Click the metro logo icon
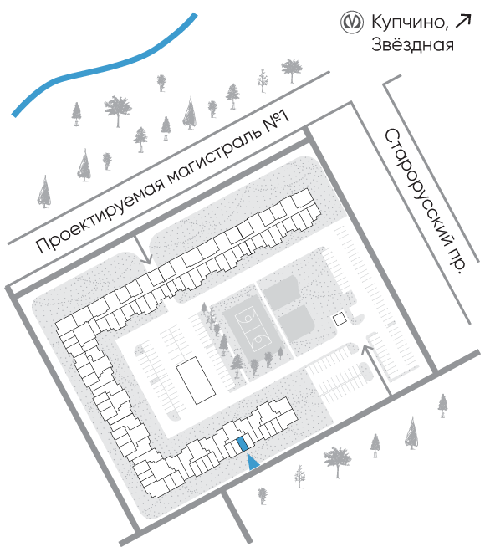click(352, 23)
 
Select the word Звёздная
click(412, 44)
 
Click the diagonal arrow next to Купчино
click(462, 21)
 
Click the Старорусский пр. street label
click(425, 200)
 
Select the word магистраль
click(216, 155)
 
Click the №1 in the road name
click(277, 121)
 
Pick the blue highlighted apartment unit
click(242, 444)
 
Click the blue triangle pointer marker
click(253, 462)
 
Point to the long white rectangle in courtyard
click(196, 381)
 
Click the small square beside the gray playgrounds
click(340, 319)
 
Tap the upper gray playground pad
click(281, 292)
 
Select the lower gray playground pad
click(296, 323)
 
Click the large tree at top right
click(292, 69)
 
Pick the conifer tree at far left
click(44, 192)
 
